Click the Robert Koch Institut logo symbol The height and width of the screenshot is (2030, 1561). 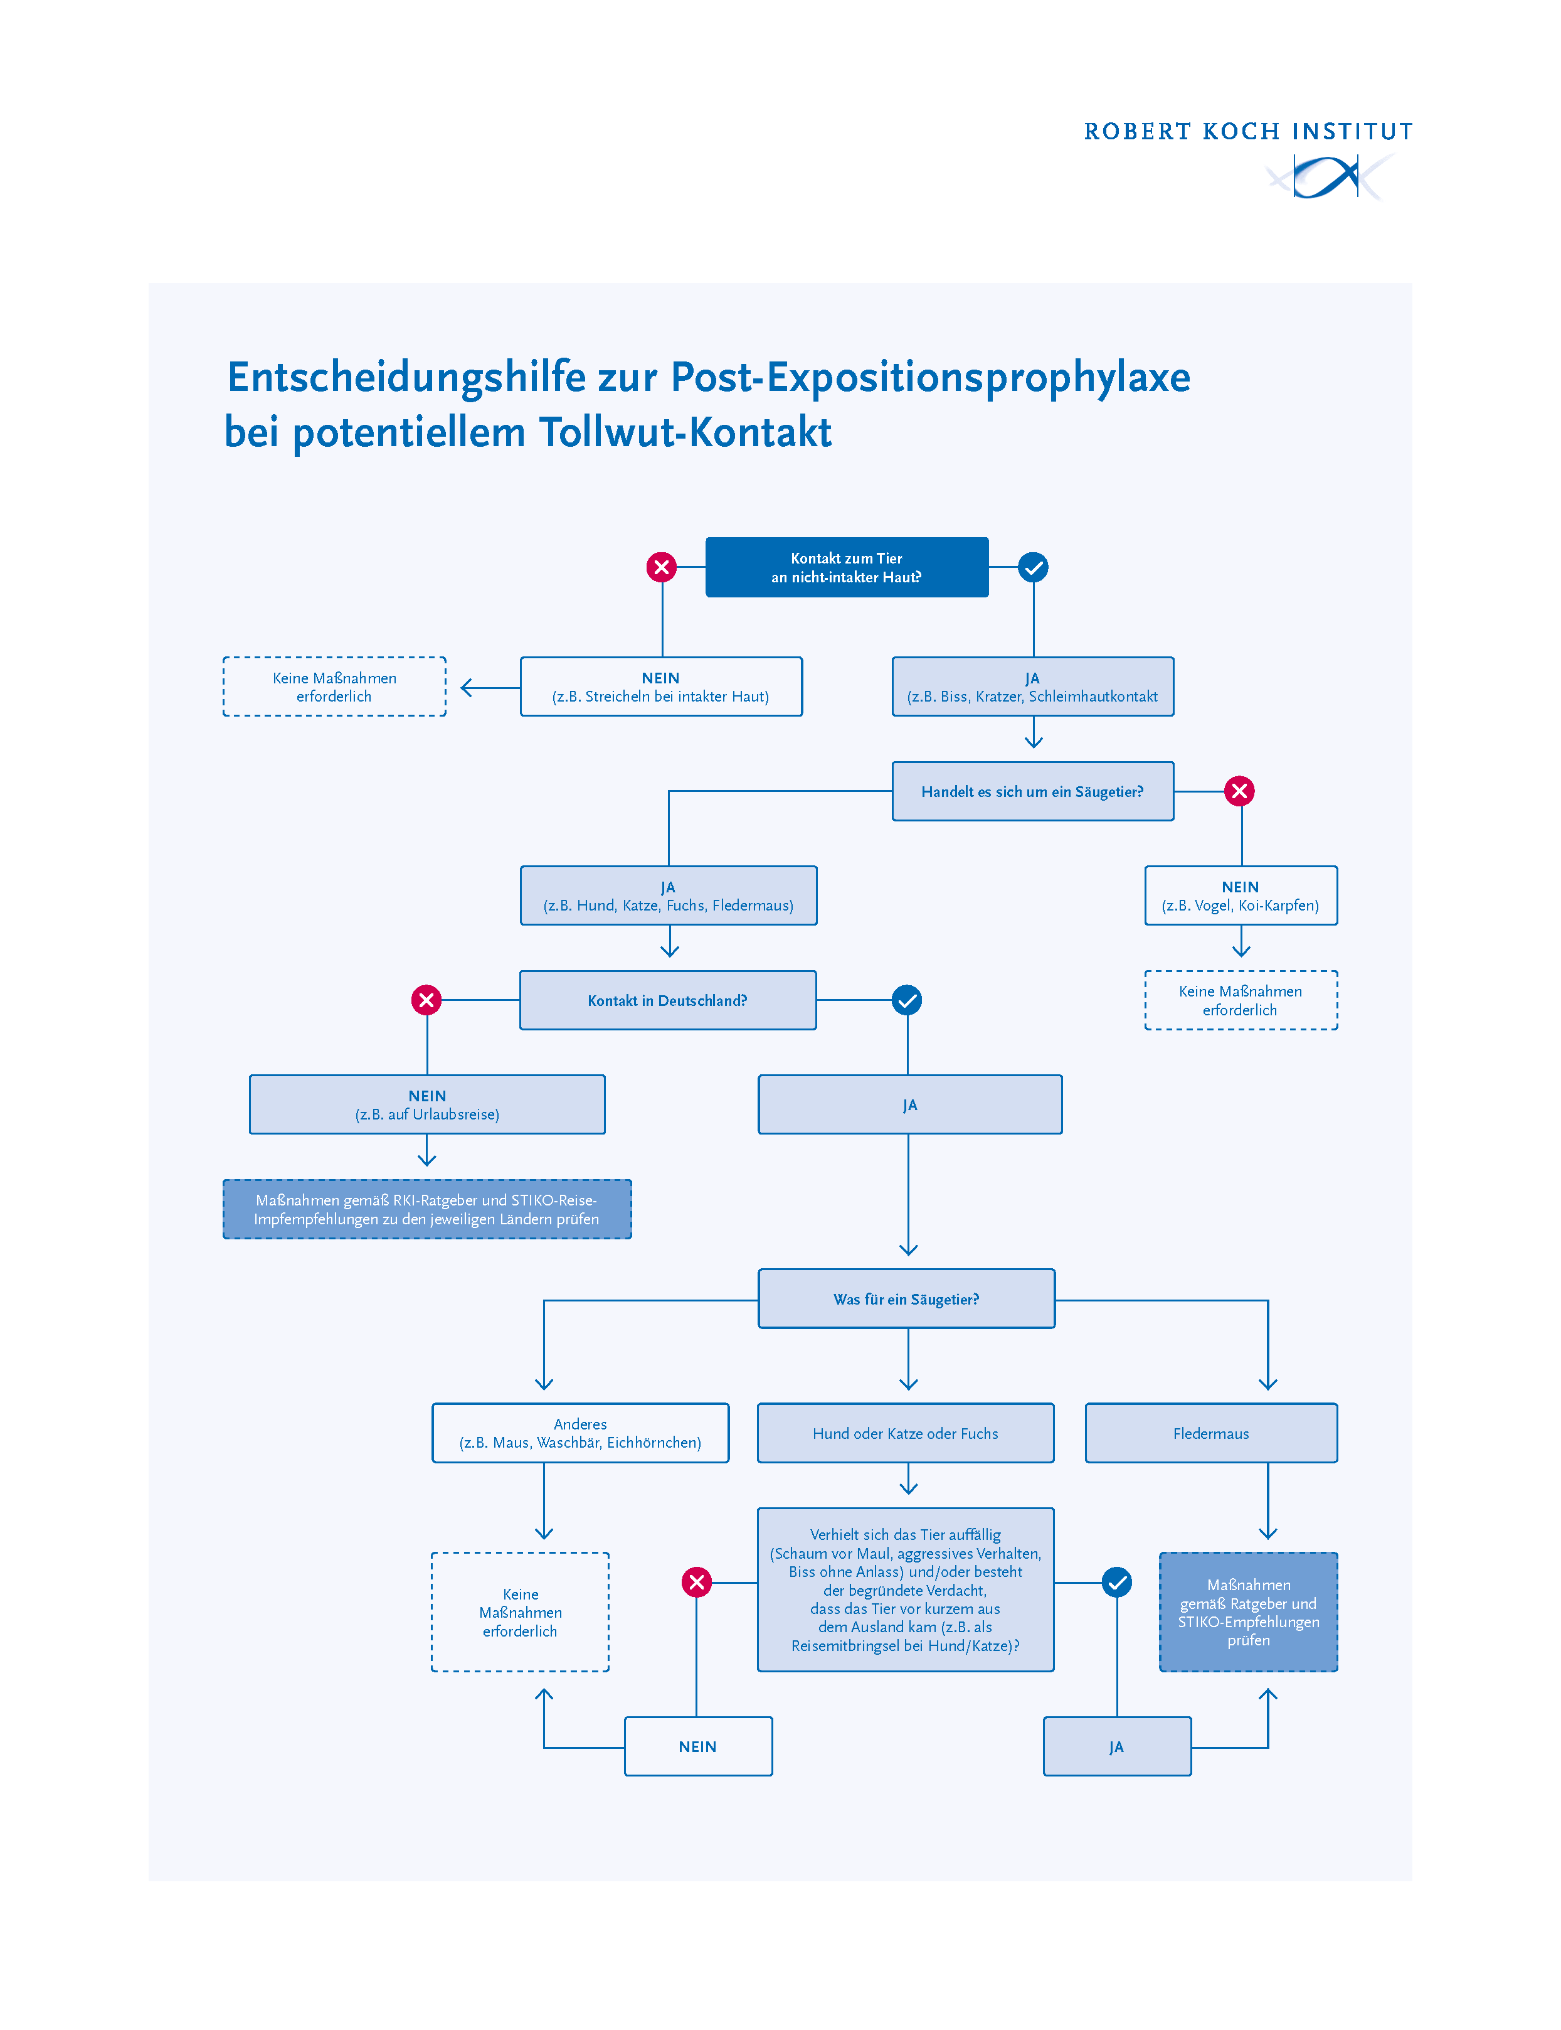click(x=1330, y=176)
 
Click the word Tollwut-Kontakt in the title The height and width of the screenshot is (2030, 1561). click(x=685, y=433)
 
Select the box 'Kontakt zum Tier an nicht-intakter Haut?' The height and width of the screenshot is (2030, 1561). click(x=847, y=567)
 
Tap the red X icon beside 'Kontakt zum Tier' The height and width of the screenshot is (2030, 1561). click(x=662, y=567)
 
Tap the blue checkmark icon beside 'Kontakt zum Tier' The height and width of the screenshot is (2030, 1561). click(x=1033, y=567)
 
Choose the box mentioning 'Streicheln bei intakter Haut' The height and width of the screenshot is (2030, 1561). click(x=660, y=687)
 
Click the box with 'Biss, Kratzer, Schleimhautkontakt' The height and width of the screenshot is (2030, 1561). click(x=1032, y=687)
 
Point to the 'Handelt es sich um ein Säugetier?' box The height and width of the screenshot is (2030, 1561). click(x=1032, y=792)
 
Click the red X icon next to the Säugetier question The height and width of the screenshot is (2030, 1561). click(x=1239, y=791)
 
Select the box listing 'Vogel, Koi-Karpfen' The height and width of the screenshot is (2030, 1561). click(x=1241, y=896)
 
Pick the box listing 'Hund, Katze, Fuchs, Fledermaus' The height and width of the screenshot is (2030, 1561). click(x=668, y=896)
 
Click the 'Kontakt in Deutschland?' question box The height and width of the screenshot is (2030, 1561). click(x=667, y=1001)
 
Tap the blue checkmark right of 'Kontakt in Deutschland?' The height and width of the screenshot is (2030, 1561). click(x=907, y=1000)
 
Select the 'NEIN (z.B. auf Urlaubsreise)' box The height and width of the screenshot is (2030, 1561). click(x=428, y=1105)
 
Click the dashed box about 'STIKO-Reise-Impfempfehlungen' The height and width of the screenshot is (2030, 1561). click(x=428, y=1209)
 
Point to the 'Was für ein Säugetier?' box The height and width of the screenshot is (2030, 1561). click(x=907, y=1300)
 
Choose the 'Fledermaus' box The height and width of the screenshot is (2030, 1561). click(x=1210, y=1433)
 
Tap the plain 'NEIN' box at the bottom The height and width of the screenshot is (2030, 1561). click(x=698, y=1746)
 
